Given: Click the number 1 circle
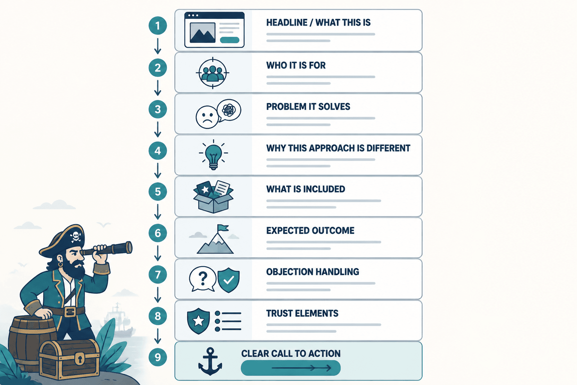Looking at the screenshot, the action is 158,26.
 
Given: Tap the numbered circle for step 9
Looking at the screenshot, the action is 158,357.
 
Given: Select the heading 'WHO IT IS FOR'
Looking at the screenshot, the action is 296,65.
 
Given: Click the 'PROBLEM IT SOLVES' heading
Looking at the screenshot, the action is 308,106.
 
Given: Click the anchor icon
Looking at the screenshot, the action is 210,361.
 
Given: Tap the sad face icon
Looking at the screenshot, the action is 207,117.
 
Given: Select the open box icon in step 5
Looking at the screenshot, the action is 213,197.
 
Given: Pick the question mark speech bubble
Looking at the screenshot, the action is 202,279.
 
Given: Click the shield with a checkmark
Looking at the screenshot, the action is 228,280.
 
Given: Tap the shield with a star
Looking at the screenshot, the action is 198,321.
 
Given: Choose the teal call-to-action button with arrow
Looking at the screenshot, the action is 290,368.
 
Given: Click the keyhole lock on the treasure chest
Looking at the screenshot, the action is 80,358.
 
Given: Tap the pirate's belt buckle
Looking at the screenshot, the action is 69,312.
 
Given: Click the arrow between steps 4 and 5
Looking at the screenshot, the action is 158,170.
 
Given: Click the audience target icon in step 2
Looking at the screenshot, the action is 213,73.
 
